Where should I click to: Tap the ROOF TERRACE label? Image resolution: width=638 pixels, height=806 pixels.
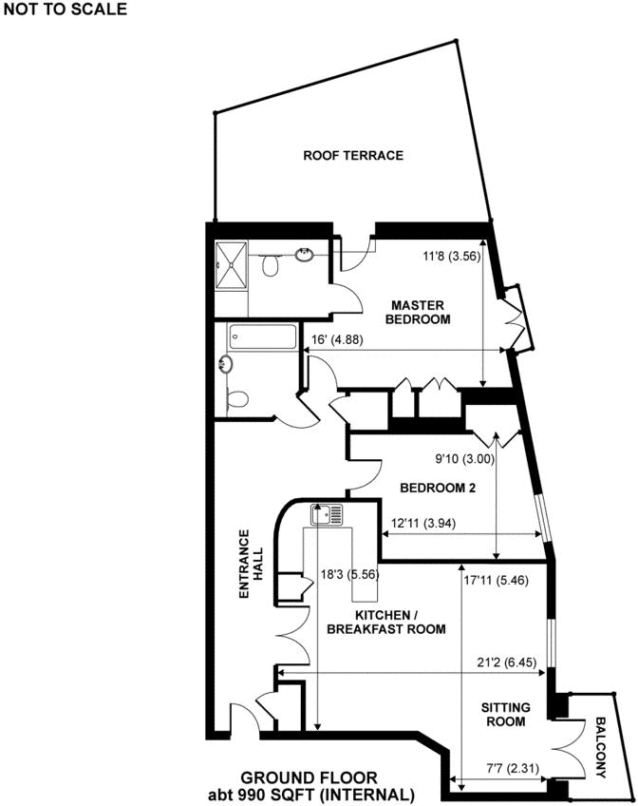[353, 155]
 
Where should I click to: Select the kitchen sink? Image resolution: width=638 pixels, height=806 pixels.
[328, 515]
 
